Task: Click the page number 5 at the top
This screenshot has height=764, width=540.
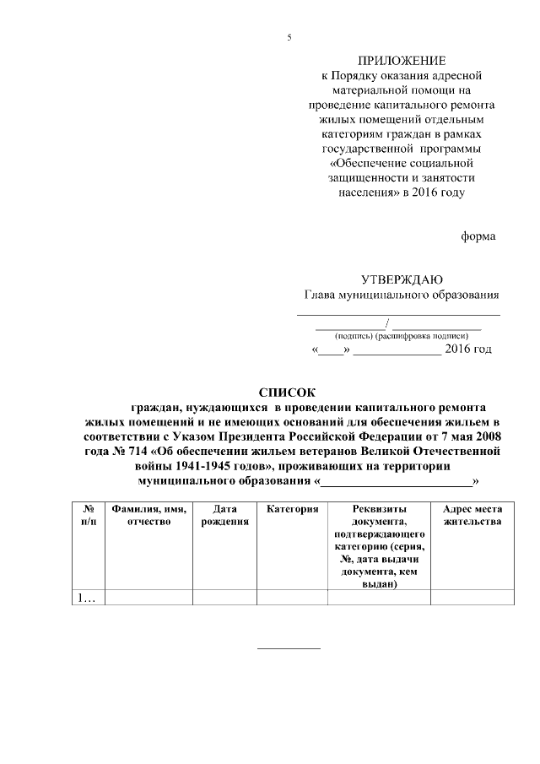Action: [289, 38]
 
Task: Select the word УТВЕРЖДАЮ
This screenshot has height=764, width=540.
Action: [402, 280]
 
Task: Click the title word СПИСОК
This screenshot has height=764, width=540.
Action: [285, 392]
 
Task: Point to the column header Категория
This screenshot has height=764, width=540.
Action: [292, 509]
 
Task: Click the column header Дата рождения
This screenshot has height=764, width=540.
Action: [224, 515]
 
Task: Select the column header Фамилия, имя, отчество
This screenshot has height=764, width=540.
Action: [148, 515]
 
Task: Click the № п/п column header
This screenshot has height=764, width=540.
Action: [89, 515]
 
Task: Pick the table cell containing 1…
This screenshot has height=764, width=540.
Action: [87, 598]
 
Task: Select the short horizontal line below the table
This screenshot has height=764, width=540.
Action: [288, 648]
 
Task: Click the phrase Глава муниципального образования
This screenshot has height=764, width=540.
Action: [402, 295]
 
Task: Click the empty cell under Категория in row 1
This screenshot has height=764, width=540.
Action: [292, 598]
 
